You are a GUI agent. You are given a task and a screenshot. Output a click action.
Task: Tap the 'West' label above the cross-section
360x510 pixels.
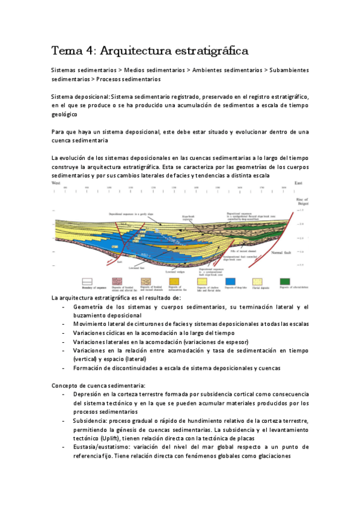coord(56,183)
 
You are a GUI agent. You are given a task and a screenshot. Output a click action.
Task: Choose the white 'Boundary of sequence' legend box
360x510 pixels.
coord(61,281)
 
